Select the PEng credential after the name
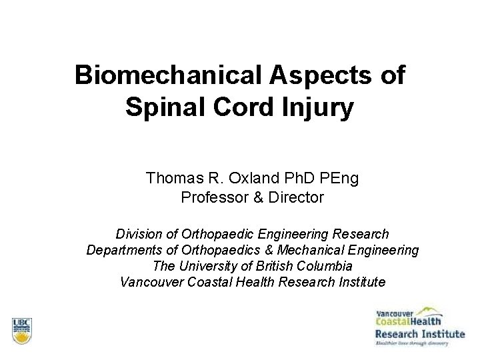(x=340, y=179)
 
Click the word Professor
(x=211, y=197)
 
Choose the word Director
(x=297, y=197)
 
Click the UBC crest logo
(x=22, y=329)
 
